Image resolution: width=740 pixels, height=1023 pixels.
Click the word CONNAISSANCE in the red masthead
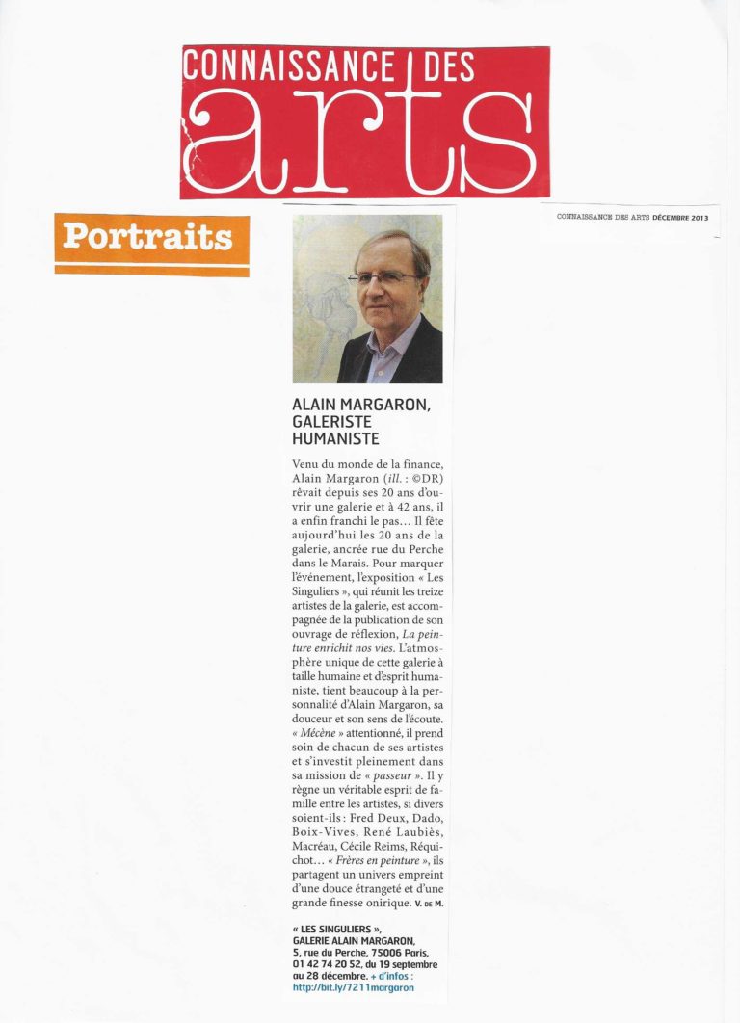click(288, 68)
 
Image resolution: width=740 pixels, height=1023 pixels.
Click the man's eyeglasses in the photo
click(383, 276)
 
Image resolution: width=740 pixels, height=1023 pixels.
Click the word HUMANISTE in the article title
click(335, 439)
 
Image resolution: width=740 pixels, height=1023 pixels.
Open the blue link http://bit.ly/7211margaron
click(354, 987)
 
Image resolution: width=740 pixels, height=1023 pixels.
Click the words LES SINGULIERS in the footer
click(344, 928)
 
